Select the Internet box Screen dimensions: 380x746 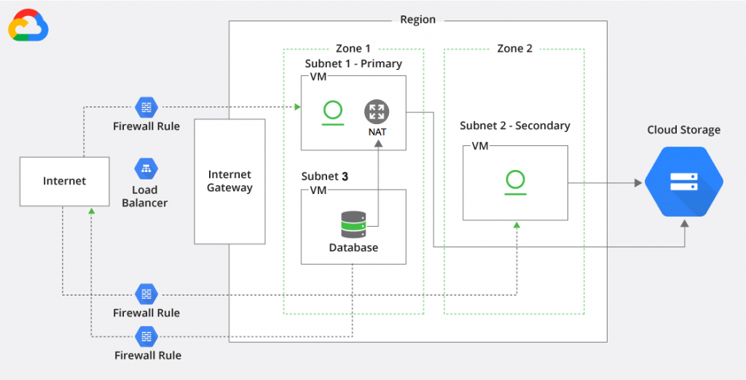(64, 181)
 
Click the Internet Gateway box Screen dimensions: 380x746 (229, 182)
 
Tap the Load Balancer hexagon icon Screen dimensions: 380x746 (146, 168)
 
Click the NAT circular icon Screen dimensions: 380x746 (377, 112)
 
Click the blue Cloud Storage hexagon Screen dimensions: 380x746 (683, 182)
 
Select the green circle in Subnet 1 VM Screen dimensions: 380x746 (333, 111)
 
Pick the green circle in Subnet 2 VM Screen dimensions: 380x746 (514, 179)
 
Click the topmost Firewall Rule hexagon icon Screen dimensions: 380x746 (146, 106)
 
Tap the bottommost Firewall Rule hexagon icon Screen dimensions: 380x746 (146, 336)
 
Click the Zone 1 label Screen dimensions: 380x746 (353, 48)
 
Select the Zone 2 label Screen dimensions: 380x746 (514, 48)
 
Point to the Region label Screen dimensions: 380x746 (418, 20)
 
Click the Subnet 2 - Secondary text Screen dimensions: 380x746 (514, 125)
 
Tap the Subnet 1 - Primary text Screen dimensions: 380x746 (353, 63)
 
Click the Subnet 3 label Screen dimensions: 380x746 (325, 177)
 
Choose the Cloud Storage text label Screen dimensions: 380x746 (683, 130)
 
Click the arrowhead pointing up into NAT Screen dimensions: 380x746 (377, 144)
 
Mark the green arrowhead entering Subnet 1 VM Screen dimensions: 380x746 (297, 107)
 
